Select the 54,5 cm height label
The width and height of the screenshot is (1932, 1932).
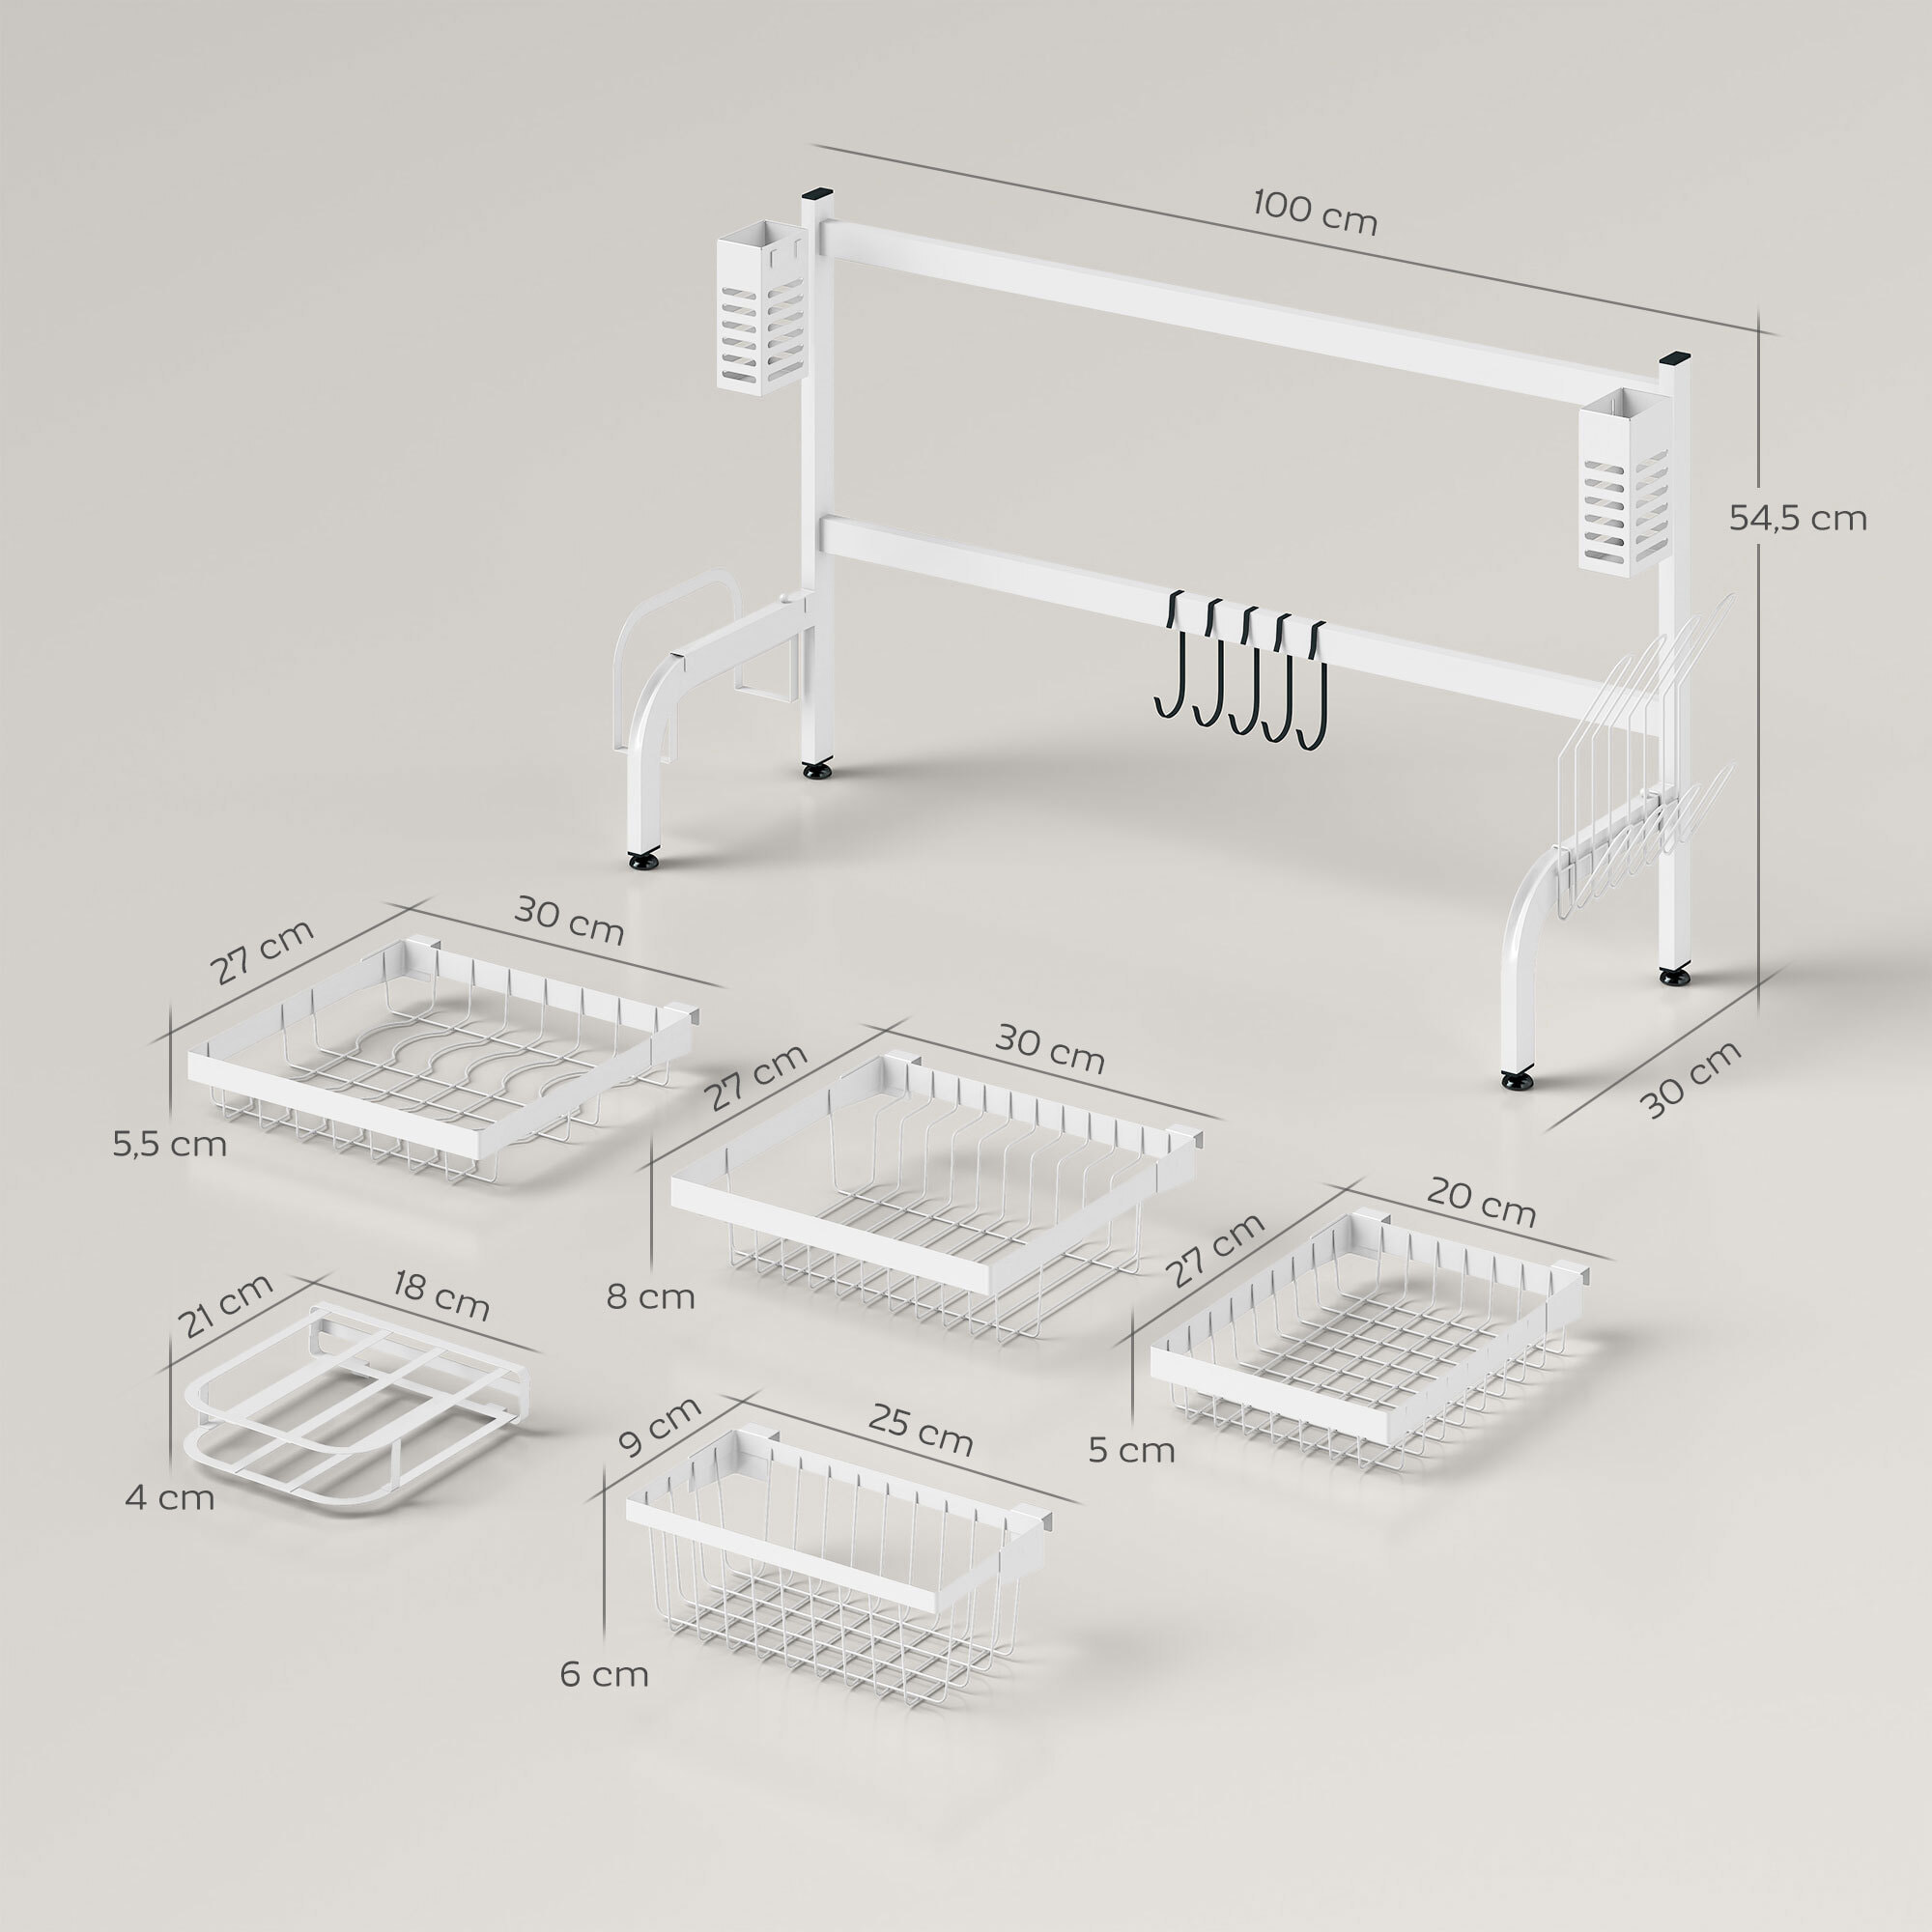tap(1797, 518)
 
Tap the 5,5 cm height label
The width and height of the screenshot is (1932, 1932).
tap(169, 1144)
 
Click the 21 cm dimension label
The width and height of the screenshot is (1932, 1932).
tap(225, 1305)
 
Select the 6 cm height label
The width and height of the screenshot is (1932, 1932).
tap(603, 1674)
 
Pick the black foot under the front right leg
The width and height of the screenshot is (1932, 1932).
tap(1516, 1080)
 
